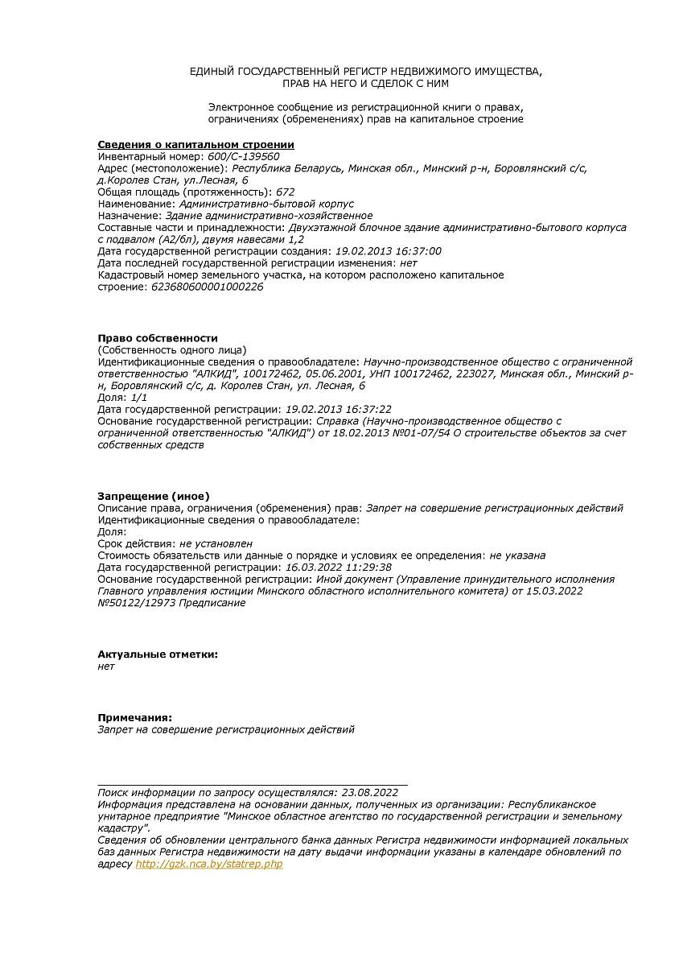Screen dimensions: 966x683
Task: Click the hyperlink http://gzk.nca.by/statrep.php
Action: (209, 864)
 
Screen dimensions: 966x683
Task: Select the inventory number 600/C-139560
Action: (243, 156)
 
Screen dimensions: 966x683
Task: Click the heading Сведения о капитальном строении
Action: (195, 145)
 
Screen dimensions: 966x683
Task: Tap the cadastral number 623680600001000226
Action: (207, 287)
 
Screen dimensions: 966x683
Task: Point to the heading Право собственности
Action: (158, 338)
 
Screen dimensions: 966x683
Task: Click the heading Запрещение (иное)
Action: (153, 496)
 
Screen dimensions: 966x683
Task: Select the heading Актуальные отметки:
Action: (158, 654)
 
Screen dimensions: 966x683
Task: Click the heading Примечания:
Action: (134, 717)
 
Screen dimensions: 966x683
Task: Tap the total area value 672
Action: (286, 192)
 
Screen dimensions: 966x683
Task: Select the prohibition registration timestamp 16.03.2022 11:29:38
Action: (339, 568)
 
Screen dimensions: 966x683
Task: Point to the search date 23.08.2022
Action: (369, 792)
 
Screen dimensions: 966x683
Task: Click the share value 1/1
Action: (139, 398)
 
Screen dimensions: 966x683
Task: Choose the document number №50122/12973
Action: (137, 603)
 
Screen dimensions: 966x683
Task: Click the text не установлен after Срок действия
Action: (216, 543)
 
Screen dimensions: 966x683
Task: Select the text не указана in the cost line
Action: (517, 555)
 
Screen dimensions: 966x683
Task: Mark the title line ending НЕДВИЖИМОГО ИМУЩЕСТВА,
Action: (366, 72)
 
